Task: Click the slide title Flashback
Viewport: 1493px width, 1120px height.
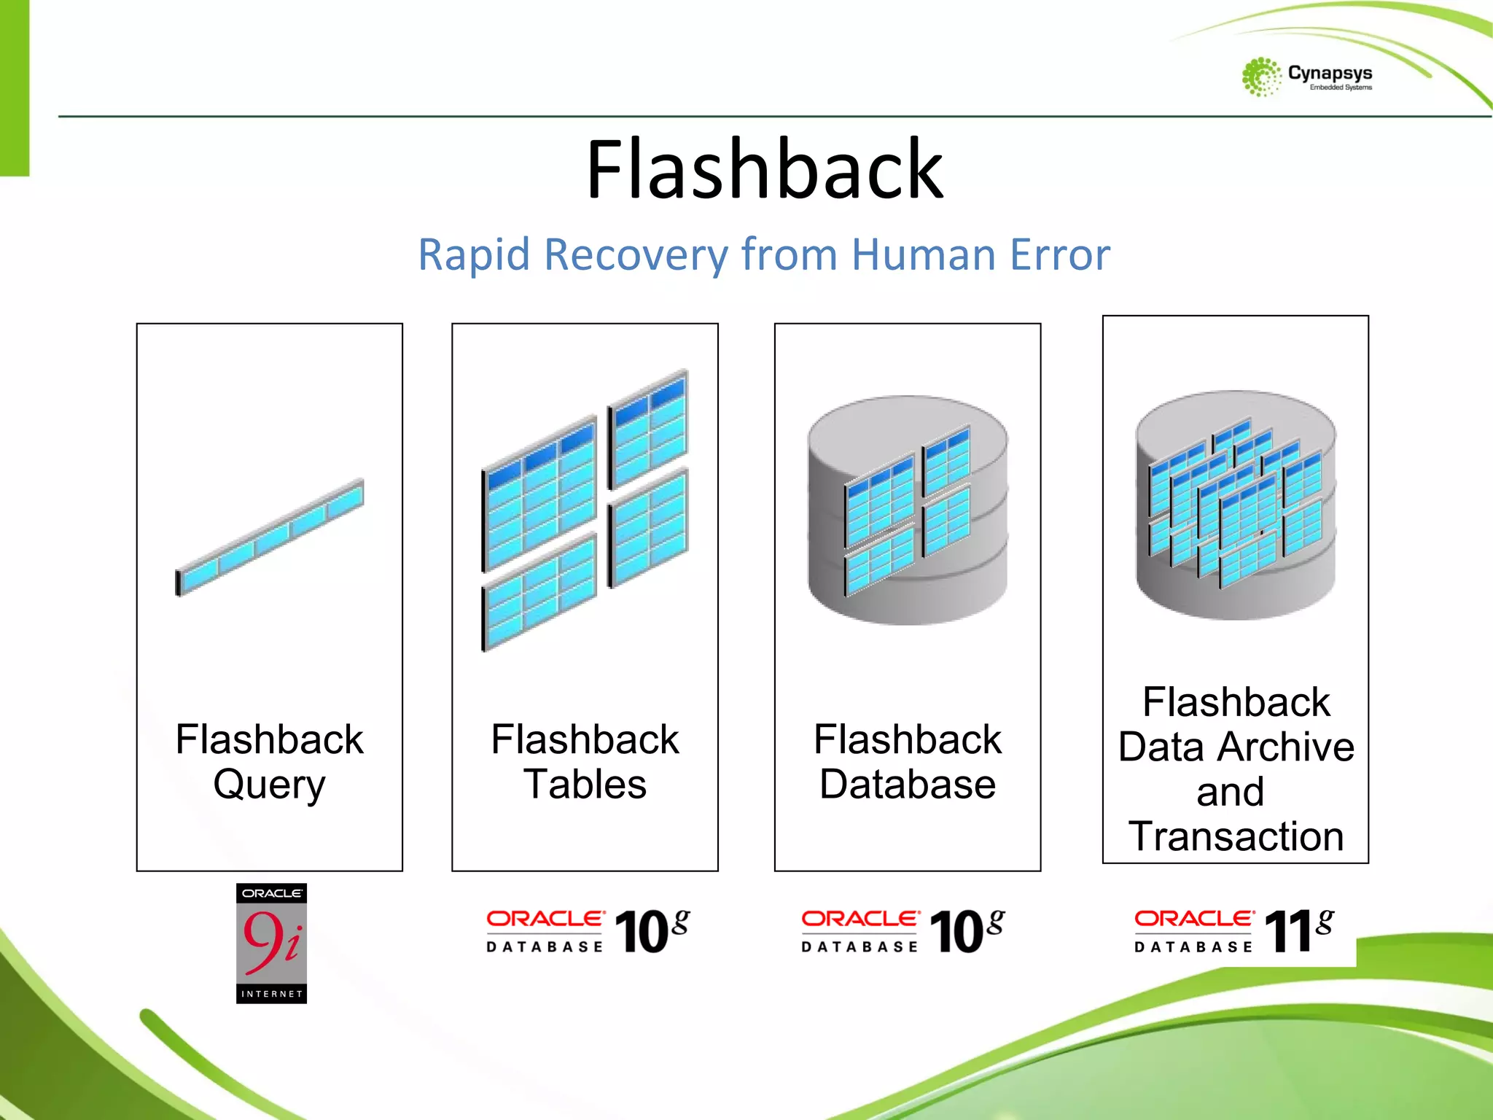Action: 764,169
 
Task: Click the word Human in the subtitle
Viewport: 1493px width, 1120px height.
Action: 924,254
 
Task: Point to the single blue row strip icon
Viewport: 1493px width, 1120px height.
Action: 270,537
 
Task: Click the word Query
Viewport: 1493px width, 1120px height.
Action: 269,785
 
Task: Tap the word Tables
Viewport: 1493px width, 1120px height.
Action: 585,785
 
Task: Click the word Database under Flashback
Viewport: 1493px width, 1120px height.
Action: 907,785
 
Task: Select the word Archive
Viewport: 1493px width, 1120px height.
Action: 1287,747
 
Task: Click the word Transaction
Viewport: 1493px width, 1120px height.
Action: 1236,836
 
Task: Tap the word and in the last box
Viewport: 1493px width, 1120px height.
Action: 1230,792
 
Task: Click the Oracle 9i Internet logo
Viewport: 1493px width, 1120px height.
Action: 271,943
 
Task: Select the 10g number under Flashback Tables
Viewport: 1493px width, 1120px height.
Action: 651,931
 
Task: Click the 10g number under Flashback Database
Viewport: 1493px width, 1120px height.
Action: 966,931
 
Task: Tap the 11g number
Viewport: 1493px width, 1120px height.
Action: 1298,931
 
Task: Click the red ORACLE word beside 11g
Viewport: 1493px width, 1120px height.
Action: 1193,919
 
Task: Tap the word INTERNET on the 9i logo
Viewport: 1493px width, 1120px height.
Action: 271,994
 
